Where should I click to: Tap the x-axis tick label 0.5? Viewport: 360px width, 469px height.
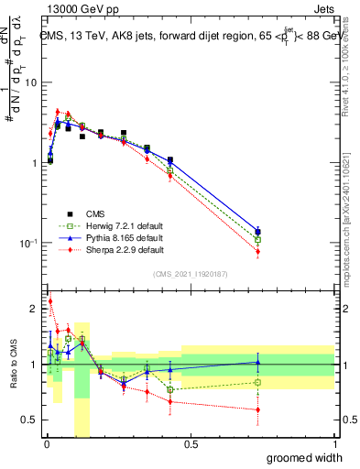click(x=191, y=444)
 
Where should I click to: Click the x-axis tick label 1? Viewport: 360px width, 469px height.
click(x=334, y=444)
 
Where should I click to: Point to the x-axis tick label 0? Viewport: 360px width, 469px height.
click(x=47, y=444)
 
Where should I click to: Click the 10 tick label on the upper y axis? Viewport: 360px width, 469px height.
click(x=30, y=82)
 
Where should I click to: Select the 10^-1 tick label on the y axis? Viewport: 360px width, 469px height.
click(x=28, y=243)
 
